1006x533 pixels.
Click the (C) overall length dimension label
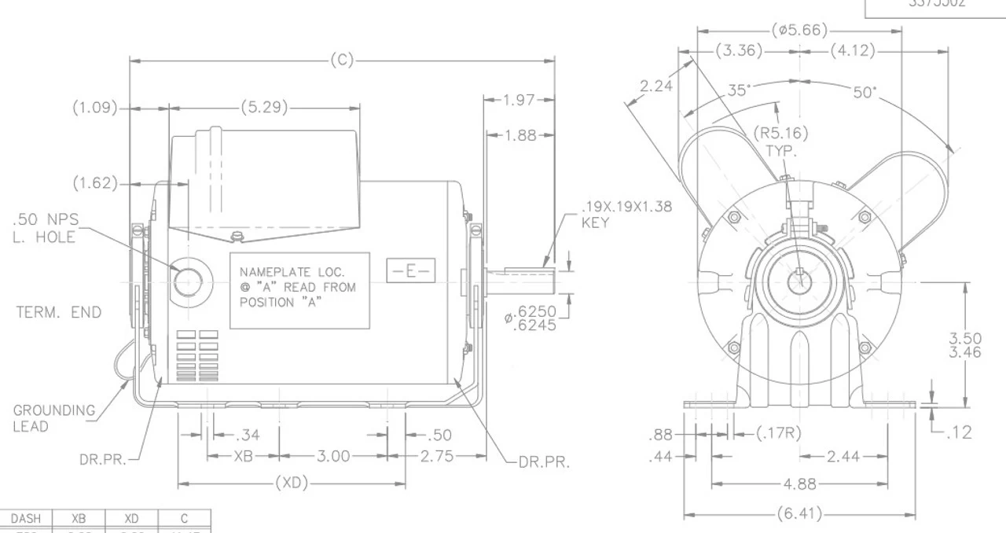tap(343, 61)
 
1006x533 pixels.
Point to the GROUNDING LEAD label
tap(53, 418)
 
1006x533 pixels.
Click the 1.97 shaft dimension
tap(519, 100)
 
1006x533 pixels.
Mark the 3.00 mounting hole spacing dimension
tap(333, 455)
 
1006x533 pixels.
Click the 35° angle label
tap(737, 90)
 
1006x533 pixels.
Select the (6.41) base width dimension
tap(800, 515)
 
